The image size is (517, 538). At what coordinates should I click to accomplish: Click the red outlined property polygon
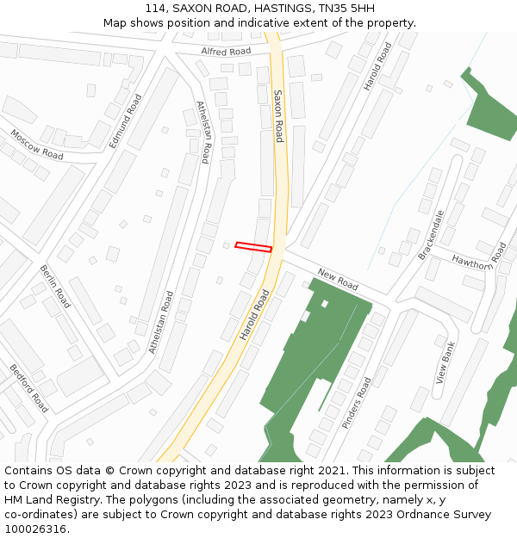tap(253, 247)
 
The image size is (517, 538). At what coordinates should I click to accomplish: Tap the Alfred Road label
tap(226, 52)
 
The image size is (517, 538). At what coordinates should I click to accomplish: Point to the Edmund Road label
tap(126, 121)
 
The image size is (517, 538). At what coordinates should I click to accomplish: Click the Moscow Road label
tap(36, 144)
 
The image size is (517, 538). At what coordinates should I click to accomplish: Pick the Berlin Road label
tap(55, 287)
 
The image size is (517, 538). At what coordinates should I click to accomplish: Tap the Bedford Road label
tap(28, 388)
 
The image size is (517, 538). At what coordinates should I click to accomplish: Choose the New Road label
tap(338, 279)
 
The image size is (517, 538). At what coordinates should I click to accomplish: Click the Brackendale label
tap(431, 234)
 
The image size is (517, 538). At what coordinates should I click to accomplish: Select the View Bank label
tap(445, 362)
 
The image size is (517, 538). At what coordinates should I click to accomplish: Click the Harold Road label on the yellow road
tap(255, 314)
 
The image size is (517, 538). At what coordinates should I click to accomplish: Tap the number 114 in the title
tap(156, 8)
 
